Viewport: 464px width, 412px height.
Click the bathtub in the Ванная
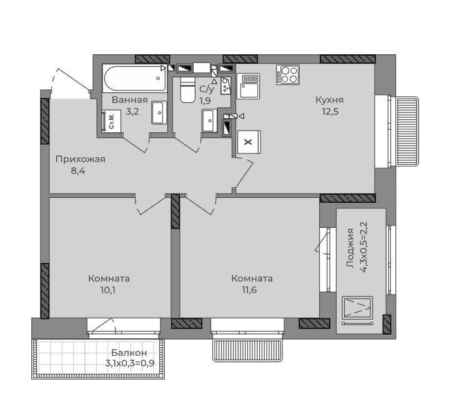click(135, 79)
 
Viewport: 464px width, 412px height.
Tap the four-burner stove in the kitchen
click(288, 75)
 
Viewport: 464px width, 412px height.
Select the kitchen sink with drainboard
click(248, 86)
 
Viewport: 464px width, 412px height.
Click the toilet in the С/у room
click(187, 90)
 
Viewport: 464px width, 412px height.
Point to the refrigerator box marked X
click(249, 142)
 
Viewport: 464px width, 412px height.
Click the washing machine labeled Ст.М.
click(111, 121)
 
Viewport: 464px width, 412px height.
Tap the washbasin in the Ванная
click(159, 113)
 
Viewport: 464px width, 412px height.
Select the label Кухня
click(329, 100)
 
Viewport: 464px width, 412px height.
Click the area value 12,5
click(330, 112)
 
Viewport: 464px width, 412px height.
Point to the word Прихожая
click(80, 159)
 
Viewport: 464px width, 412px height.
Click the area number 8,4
click(78, 171)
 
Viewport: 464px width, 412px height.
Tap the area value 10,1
click(107, 290)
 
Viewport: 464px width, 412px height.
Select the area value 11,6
click(249, 290)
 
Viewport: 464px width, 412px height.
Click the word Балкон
click(129, 353)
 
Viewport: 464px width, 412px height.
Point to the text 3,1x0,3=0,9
click(130, 363)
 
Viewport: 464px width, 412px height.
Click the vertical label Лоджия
click(350, 248)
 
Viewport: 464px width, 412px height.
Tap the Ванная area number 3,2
click(132, 112)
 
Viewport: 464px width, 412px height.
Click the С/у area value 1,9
click(205, 101)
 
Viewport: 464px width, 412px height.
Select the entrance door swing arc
click(52, 80)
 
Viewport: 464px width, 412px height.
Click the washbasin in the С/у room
click(209, 120)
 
